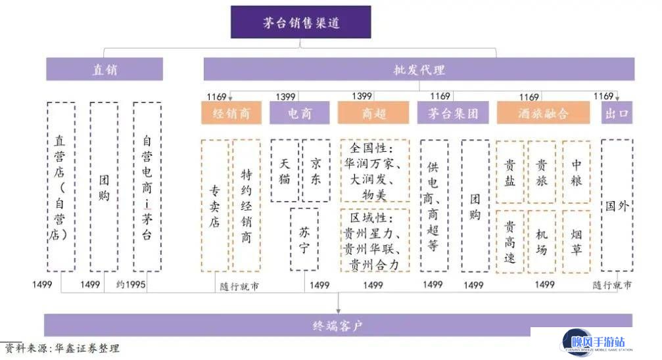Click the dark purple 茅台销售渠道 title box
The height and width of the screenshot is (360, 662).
[300, 22]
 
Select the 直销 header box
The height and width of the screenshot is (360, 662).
[105, 69]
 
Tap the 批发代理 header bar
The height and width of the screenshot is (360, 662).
[419, 69]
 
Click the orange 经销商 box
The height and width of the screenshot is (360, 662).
[231, 113]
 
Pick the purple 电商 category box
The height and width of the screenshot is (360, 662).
[300, 113]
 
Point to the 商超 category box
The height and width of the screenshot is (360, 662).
[373, 113]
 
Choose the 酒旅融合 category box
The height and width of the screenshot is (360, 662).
[544, 113]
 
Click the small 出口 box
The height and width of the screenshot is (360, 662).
[617, 113]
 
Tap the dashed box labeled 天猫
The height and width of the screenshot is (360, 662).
[285, 171]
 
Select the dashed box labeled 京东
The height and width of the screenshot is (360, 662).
[316, 171]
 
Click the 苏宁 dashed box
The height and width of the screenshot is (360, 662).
[304, 239]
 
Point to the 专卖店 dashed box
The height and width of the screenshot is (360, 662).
[215, 206]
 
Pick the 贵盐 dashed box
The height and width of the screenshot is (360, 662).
[510, 171]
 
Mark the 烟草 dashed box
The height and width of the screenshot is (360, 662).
[577, 241]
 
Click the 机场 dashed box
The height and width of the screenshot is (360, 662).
[542, 241]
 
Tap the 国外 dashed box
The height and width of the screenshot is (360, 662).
[617, 206]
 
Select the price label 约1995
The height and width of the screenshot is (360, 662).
[131, 284]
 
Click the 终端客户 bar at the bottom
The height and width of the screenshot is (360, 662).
[338, 325]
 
